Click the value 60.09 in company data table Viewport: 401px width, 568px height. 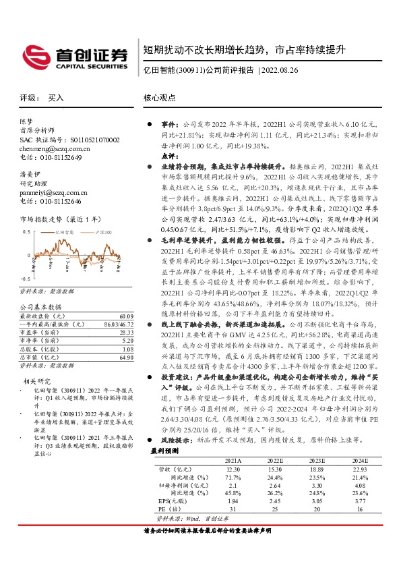125,316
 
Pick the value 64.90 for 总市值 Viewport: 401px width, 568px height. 125,357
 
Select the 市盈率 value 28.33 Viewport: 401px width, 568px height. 125,332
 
